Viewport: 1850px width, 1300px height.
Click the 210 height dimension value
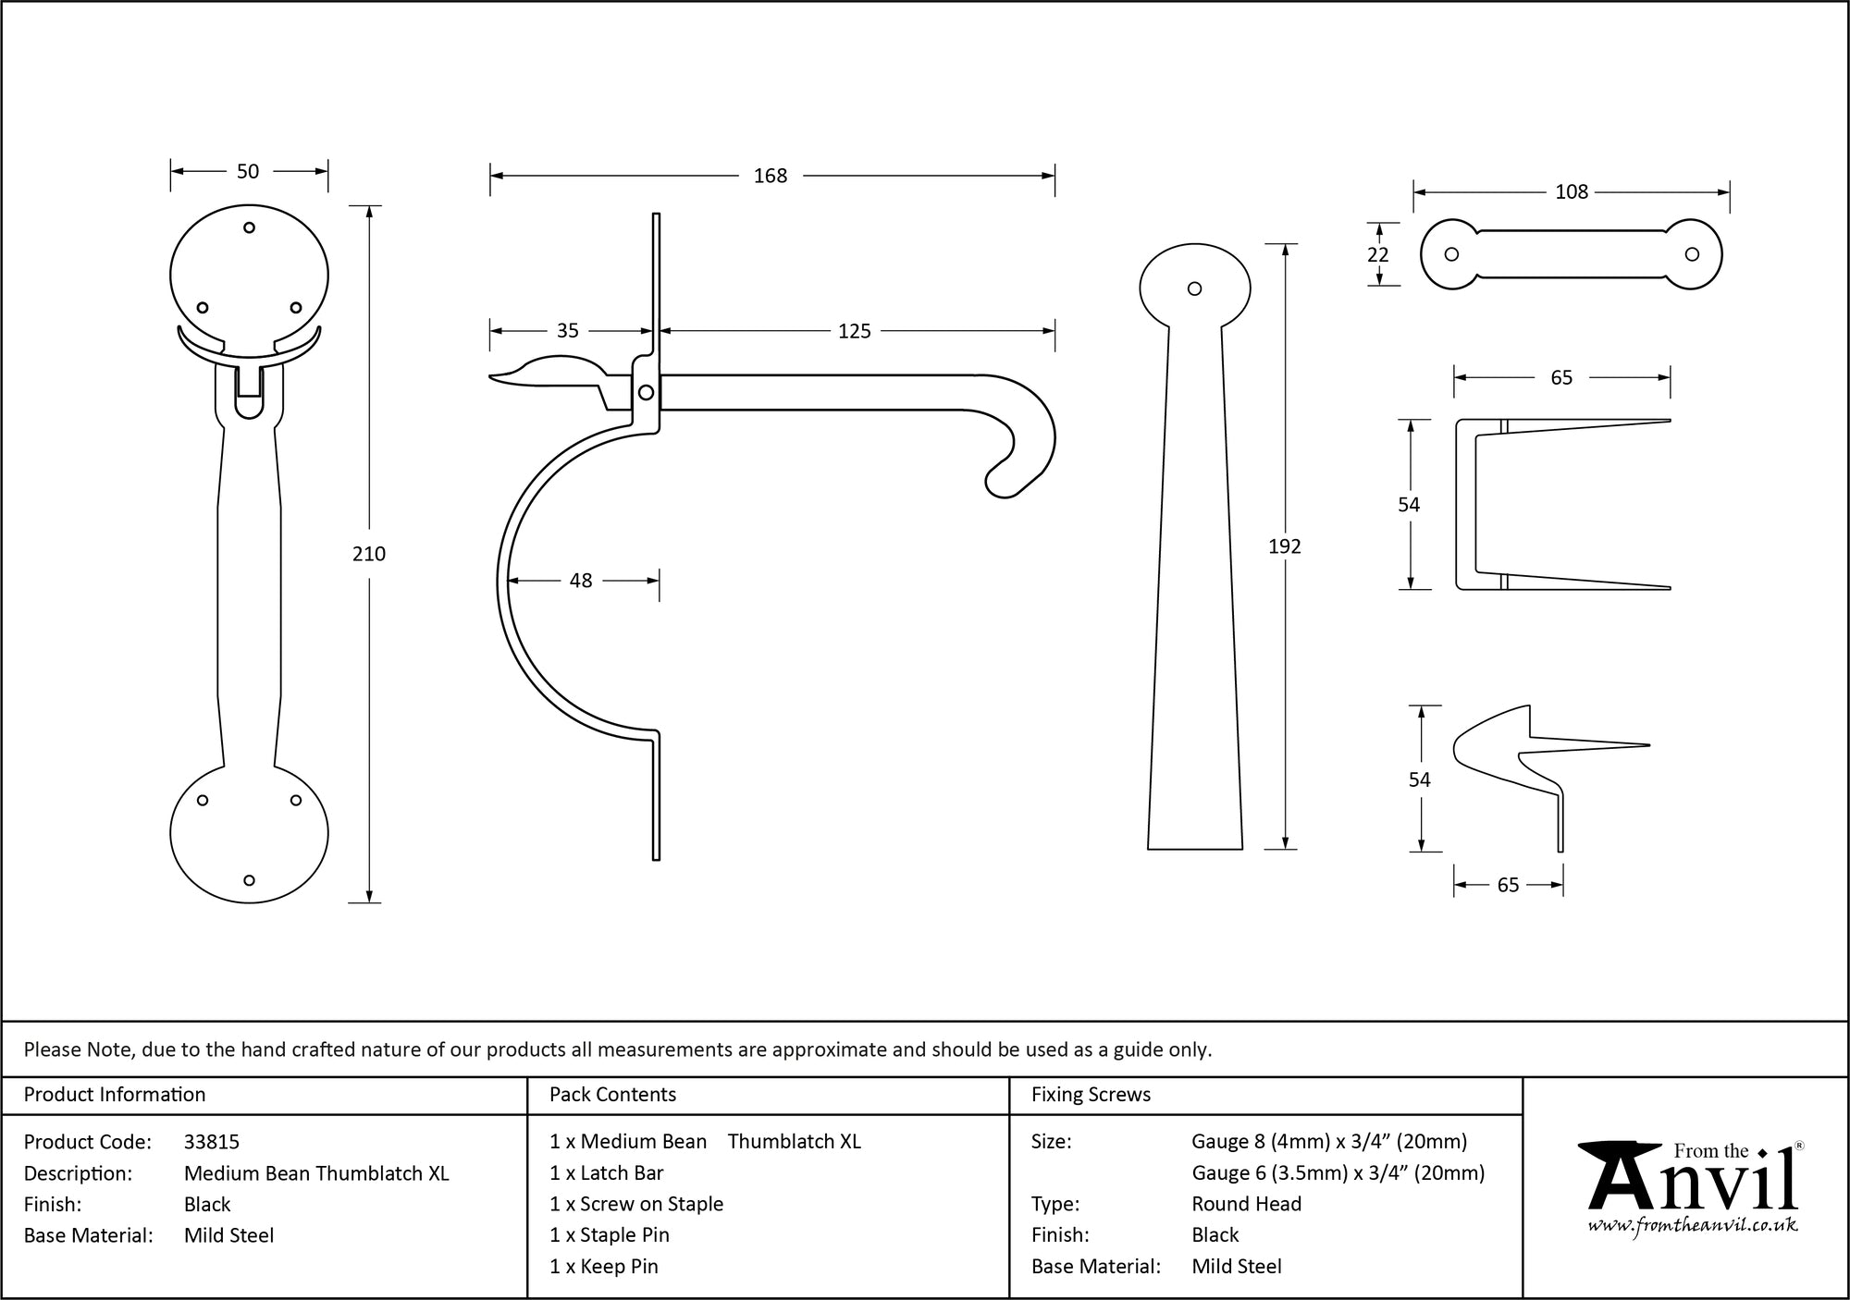point(369,554)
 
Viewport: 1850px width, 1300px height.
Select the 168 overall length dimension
point(770,176)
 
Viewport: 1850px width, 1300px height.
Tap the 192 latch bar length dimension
point(1285,546)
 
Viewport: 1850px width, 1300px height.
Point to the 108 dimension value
point(1572,191)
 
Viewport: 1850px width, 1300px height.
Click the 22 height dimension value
point(1378,254)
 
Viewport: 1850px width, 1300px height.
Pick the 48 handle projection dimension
point(581,581)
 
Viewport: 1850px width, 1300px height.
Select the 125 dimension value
point(855,331)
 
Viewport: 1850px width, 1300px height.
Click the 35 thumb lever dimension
point(567,331)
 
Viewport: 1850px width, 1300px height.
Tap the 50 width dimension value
point(248,171)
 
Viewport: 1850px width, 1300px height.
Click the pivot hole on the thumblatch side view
point(647,393)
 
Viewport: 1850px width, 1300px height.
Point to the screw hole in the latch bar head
point(1194,288)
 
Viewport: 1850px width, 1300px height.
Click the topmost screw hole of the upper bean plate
point(249,227)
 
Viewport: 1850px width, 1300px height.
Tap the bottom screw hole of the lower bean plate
point(249,880)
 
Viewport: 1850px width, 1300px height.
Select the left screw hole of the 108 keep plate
point(1451,254)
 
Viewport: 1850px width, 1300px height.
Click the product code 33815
point(212,1142)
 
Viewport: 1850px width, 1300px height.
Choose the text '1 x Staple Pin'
point(609,1235)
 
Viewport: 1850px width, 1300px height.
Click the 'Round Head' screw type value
point(1246,1204)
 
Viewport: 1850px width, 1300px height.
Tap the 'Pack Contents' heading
point(612,1095)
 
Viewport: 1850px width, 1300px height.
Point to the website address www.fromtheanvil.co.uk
point(1692,1226)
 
